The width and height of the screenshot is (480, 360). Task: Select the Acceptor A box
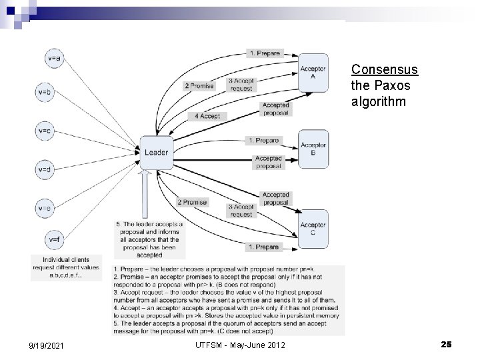pyautogui.click(x=313, y=72)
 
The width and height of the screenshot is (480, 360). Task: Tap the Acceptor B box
pyautogui.click(x=313, y=148)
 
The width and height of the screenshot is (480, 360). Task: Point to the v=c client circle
pyautogui.click(x=45, y=131)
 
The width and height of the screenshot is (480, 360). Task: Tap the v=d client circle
pyautogui.click(x=45, y=169)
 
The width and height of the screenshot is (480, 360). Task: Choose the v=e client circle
pyautogui.click(x=45, y=208)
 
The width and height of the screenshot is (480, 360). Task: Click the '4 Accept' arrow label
pyautogui.click(x=207, y=116)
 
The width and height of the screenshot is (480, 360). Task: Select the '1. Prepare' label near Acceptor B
pyautogui.click(x=263, y=141)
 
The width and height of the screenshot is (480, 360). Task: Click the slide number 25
pyautogui.click(x=446, y=343)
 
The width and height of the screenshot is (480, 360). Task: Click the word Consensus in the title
pyautogui.click(x=384, y=69)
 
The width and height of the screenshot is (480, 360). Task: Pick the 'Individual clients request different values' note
pyautogui.click(x=65, y=267)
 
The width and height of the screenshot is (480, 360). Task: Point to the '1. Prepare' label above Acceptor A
pyautogui.click(x=265, y=53)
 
